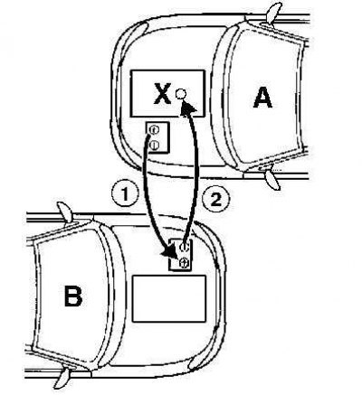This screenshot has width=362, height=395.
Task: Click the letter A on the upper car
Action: [x=263, y=98]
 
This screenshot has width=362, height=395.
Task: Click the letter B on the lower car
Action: [x=73, y=296]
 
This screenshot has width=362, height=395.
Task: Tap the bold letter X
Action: [x=163, y=93]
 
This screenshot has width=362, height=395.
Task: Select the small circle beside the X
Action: [x=180, y=94]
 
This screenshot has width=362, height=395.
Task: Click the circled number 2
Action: [x=215, y=200]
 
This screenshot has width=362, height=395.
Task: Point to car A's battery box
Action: [x=157, y=137]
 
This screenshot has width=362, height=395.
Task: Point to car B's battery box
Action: [x=180, y=255]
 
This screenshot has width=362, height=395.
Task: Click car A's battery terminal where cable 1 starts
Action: [x=154, y=130]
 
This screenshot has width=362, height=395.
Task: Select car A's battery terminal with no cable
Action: [x=154, y=146]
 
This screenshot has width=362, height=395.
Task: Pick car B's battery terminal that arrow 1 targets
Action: [x=184, y=263]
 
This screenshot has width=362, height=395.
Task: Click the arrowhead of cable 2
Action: [x=187, y=107]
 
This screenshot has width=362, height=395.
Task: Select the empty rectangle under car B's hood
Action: [x=169, y=298]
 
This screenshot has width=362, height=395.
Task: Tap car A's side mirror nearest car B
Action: [x=272, y=180]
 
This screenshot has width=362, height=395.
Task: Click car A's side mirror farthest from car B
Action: [x=273, y=13]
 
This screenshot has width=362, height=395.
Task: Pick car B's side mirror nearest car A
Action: [x=65, y=212]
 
